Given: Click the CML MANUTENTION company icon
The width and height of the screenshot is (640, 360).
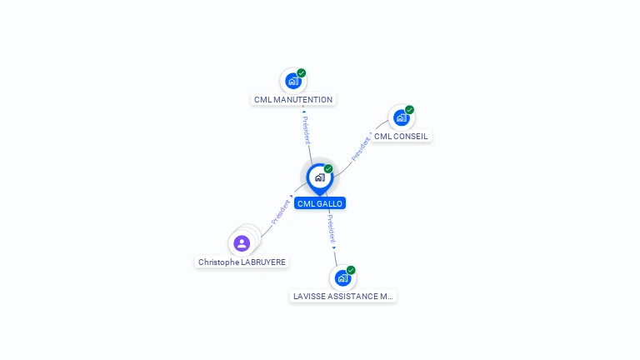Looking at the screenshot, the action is [293, 81].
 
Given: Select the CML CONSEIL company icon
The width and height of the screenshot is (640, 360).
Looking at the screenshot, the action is [401, 117].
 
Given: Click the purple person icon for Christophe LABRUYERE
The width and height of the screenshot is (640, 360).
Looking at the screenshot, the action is [242, 243].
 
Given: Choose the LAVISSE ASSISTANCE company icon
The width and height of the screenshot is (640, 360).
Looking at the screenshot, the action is [342, 278].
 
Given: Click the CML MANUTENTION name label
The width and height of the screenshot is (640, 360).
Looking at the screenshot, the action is [293, 100].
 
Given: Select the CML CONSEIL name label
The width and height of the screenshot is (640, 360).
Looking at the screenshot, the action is [401, 137].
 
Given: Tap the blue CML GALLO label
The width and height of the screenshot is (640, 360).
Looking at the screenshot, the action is [320, 203].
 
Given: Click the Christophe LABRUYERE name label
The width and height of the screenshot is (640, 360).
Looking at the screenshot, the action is [242, 262].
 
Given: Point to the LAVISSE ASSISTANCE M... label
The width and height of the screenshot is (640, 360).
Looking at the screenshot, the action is [342, 297].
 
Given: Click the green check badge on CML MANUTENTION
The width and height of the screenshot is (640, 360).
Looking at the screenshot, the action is [301, 73].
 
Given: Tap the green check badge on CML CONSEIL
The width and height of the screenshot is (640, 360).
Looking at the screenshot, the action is [409, 110].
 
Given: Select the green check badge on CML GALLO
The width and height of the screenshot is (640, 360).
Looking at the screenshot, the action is [328, 169].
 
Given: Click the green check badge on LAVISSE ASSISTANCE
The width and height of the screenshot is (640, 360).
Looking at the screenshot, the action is [351, 270].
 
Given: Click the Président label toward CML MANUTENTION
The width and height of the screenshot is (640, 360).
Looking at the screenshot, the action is [306, 130].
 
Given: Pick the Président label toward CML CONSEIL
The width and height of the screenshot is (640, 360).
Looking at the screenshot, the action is [361, 149].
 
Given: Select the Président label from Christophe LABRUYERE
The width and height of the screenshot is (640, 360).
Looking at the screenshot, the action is [281, 212].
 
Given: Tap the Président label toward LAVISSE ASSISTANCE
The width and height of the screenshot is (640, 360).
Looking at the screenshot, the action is [331, 229].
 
